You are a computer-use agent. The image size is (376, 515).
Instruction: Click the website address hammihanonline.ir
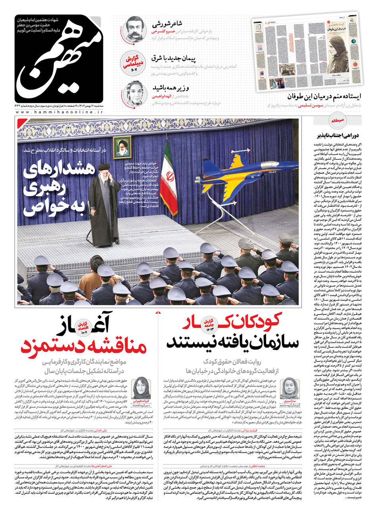click(59, 113)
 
